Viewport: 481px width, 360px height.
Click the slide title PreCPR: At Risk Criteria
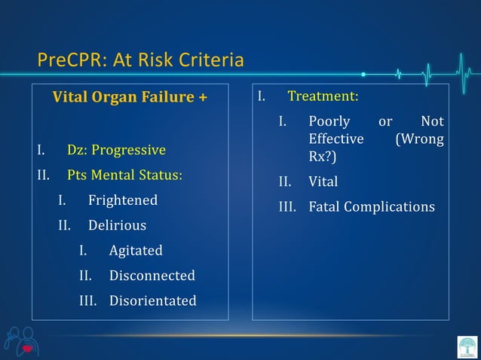(x=140, y=59)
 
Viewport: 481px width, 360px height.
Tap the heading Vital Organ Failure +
(x=129, y=97)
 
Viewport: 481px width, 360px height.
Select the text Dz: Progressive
(x=116, y=150)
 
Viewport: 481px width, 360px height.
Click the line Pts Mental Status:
(x=124, y=175)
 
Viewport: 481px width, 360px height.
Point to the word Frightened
(x=123, y=200)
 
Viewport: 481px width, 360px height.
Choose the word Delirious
(x=117, y=225)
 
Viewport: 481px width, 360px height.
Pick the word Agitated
(x=136, y=250)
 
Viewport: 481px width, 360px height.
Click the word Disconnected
(x=152, y=276)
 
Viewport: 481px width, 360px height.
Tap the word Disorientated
(x=152, y=301)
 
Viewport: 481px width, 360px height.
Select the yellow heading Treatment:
(x=323, y=97)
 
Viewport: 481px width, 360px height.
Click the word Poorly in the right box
(x=329, y=121)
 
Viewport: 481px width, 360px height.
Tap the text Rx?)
(x=322, y=157)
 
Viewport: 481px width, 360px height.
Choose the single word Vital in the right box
(x=323, y=182)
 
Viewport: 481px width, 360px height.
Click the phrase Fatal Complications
(x=371, y=206)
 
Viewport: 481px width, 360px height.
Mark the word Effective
(x=335, y=139)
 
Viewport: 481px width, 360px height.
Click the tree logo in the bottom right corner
(x=467, y=347)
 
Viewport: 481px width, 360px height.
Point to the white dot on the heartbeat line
(x=363, y=74)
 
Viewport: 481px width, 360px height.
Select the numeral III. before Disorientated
(x=89, y=301)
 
